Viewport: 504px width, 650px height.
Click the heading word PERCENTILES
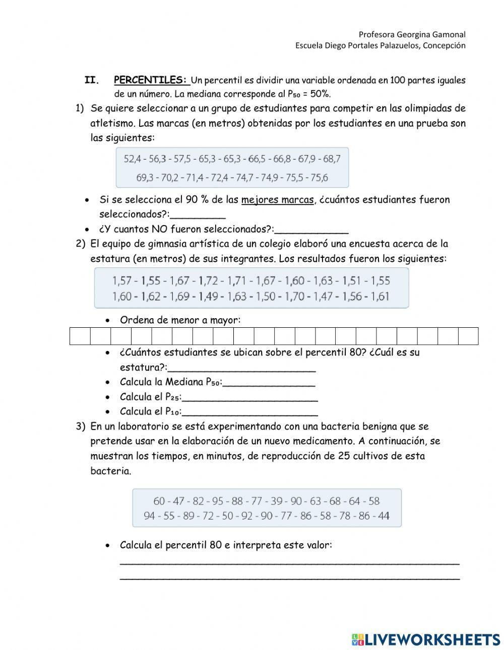pos(150,80)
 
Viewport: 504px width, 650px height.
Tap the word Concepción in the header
pos(444,45)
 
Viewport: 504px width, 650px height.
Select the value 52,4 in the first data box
pos(132,159)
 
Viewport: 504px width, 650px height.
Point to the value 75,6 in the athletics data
pos(319,177)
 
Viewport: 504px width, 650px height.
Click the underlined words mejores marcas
pos(277,199)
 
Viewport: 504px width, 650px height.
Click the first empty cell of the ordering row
pos(80,336)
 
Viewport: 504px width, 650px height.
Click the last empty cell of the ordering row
pos(468,336)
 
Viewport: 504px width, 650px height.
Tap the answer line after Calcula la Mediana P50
pos(269,383)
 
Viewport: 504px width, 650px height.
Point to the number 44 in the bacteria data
pos(383,516)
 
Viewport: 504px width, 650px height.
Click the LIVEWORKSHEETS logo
pos(426,639)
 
